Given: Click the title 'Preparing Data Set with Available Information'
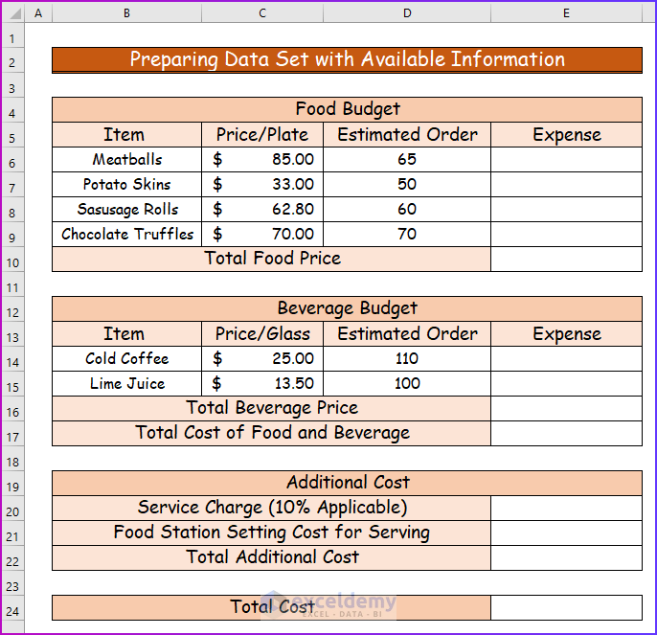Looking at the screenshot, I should [347, 59].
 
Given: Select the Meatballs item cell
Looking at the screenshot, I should [127, 160].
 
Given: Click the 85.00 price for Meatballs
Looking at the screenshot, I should [262, 160].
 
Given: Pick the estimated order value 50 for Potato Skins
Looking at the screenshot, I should [407, 185].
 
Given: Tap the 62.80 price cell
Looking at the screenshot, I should [262, 210].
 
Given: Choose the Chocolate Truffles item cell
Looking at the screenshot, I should [127, 235].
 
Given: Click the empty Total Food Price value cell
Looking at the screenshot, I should [566, 259].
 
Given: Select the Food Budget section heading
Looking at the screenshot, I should [347, 109].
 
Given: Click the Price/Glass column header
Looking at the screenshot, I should [262, 334].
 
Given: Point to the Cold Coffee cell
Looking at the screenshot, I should [127, 359].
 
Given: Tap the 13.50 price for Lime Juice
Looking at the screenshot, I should [262, 384].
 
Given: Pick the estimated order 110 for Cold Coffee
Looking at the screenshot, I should [407, 359].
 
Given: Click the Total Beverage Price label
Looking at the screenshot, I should [272, 408].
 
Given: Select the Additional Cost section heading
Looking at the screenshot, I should [347, 483].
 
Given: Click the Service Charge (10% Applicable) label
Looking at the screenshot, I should [272, 508].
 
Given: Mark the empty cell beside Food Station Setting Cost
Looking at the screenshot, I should [566, 533].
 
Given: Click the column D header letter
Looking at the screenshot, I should [407, 12].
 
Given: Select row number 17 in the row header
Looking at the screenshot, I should [12, 433].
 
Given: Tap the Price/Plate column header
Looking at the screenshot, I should [262, 135].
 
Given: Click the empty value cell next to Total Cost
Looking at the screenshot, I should [566, 607].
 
